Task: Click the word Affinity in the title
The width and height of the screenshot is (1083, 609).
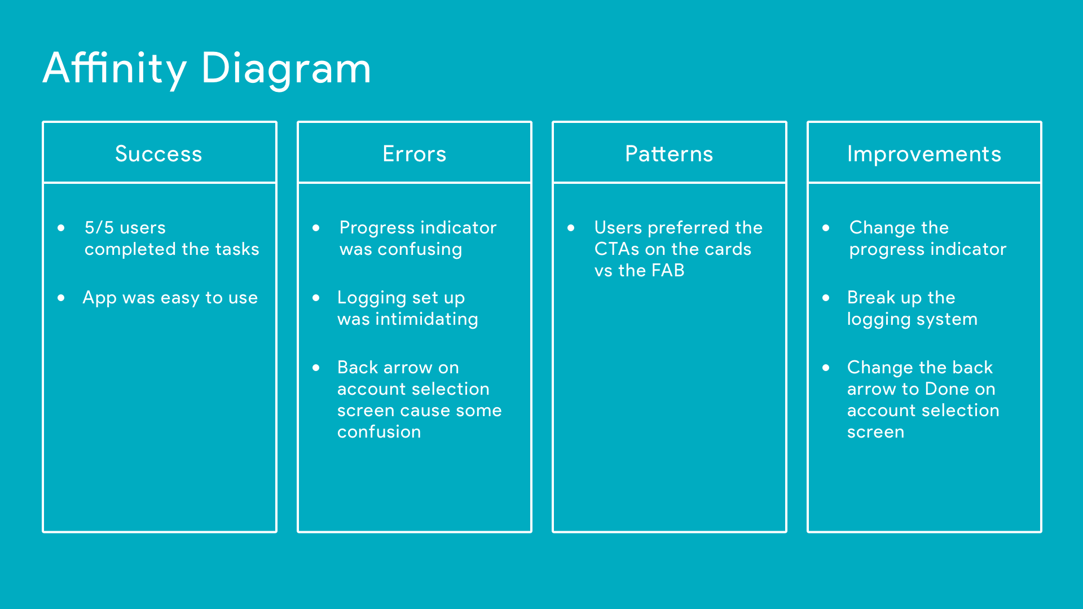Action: point(115,69)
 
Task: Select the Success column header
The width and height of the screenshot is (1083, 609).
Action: point(159,154)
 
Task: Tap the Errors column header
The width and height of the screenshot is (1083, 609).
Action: point(415,154)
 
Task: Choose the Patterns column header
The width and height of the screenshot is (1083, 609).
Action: point(669,154)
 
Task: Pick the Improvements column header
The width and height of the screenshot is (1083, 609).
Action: point(924,155)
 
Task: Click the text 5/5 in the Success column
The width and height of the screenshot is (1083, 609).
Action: point(99,227)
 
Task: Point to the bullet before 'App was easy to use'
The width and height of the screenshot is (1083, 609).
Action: point(61,298)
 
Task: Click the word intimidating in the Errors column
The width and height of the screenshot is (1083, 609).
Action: point(426,320)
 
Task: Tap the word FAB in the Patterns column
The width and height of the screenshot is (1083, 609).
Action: point(668,271)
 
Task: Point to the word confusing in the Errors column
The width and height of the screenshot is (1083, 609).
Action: point(420,250)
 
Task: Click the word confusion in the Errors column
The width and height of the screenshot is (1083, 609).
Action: point(379,432)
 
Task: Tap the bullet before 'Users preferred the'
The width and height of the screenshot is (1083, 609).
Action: point(571,228)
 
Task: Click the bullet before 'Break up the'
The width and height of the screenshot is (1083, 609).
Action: point(826,298)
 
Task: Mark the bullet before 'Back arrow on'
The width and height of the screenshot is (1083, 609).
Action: point(316,368)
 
